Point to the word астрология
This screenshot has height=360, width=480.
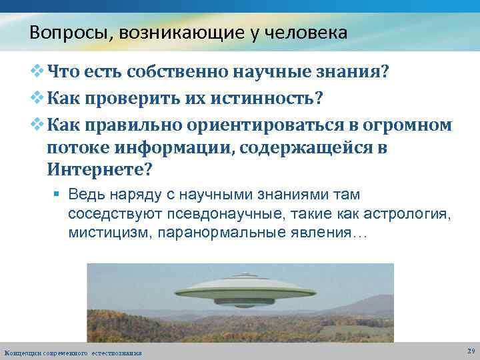(x=412, y=215)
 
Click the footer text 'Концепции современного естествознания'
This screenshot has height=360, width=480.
(x=73, y=352)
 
